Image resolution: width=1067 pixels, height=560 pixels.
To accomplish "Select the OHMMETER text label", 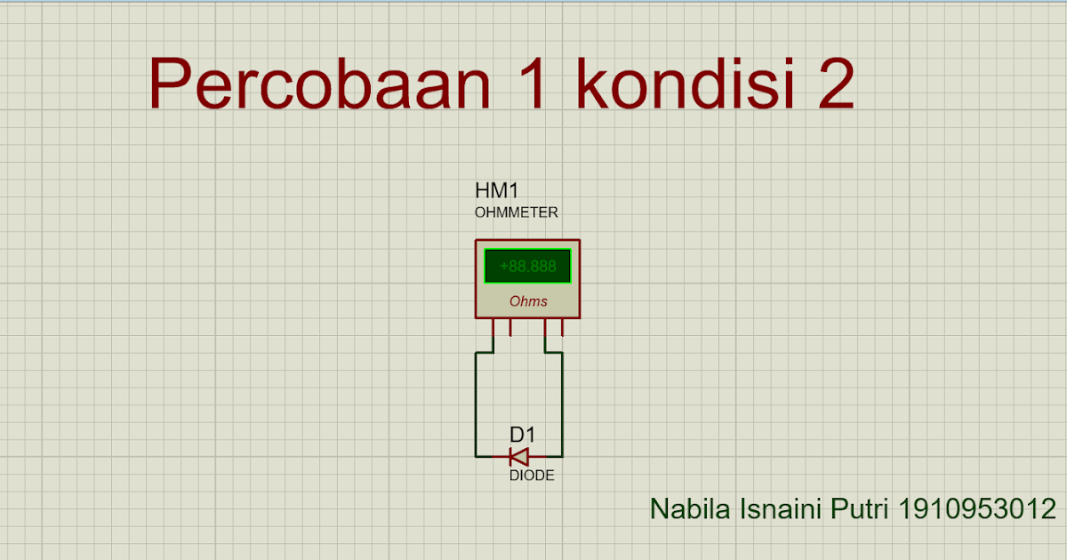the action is (x=517, y=212).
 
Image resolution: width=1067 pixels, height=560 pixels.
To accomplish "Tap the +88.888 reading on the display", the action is (x=527, y=266).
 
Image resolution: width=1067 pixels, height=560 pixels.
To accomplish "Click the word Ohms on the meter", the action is (x=528, y=301).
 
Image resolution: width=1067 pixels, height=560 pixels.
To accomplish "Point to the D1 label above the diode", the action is (x=522, y=435).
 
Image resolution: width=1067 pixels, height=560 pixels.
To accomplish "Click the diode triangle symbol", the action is (x=519, y=457).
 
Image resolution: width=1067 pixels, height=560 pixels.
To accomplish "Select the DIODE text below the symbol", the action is (x=532, y=476).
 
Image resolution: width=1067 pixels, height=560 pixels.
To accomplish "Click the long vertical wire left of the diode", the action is (x=477, y=404).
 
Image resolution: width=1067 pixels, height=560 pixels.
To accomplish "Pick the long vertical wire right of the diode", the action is (x=562, y=404).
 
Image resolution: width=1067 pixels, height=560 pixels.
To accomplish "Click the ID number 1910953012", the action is (x=977, y=509).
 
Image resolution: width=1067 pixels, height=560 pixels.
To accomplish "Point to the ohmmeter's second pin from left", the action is (x=510, y=329).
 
